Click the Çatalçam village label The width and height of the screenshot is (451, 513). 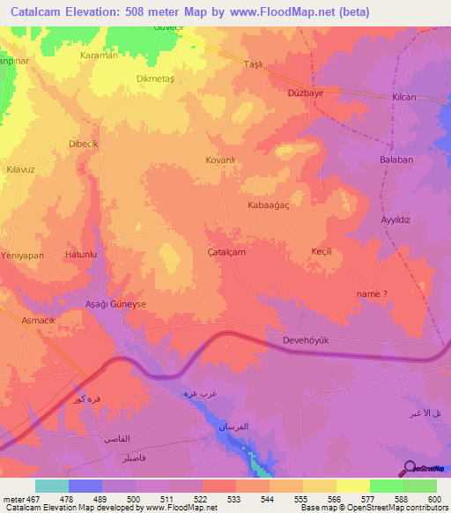225,251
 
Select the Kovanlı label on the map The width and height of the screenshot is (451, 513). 219,161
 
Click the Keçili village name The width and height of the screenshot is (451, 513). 321,251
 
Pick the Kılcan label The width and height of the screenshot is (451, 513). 404,97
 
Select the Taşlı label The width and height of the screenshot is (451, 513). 254,64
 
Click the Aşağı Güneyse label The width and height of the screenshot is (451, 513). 115,303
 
